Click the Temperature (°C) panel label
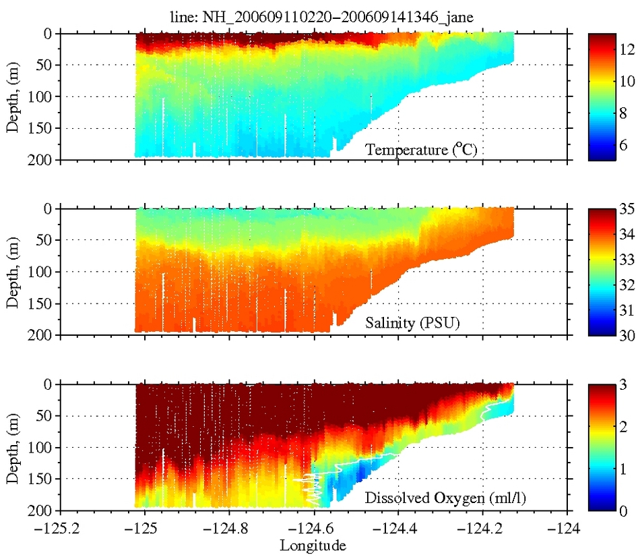point(421,150)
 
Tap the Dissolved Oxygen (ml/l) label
point(445,499)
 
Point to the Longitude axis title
point(313,544)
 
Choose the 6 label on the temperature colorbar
point(625,144)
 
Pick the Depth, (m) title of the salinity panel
point(13,272)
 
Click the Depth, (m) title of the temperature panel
point(13,96)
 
